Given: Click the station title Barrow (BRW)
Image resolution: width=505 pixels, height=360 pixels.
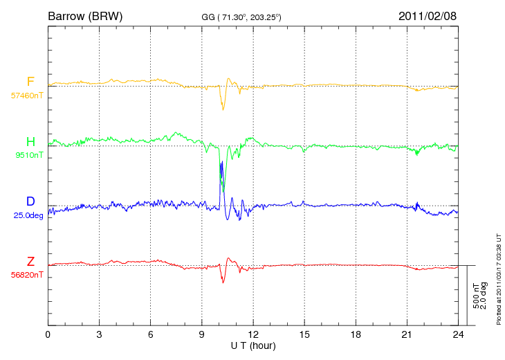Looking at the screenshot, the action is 85,16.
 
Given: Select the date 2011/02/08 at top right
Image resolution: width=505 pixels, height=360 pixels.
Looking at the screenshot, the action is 428,16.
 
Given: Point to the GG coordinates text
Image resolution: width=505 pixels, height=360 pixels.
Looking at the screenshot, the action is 241,17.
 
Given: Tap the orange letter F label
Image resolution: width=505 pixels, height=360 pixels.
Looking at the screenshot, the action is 30,82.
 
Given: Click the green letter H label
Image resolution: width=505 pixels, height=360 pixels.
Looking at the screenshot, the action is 30,141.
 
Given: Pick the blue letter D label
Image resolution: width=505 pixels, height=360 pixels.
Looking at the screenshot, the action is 30,201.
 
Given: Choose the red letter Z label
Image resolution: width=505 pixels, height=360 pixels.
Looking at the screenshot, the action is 30,261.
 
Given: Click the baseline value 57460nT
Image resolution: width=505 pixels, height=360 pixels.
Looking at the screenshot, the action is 27,96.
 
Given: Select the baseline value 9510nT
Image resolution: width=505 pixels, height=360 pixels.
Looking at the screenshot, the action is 29,155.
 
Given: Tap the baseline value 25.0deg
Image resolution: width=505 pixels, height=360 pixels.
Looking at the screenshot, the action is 28,215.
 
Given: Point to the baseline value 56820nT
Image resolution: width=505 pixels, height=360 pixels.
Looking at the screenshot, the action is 27,275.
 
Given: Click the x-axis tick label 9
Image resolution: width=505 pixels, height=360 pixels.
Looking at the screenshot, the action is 201,334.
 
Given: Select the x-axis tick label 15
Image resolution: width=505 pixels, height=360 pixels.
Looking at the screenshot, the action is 304,334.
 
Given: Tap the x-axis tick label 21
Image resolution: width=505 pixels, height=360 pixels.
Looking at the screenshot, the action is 407,334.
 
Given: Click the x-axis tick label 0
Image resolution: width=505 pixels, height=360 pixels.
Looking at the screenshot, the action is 48,334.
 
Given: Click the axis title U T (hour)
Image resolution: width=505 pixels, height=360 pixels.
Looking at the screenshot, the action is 253,346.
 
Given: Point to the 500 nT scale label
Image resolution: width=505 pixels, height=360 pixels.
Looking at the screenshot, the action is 476,296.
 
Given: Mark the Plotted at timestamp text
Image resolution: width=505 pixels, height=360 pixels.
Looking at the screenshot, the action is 499,279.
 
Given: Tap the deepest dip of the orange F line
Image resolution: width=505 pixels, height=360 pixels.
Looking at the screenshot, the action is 223,109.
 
